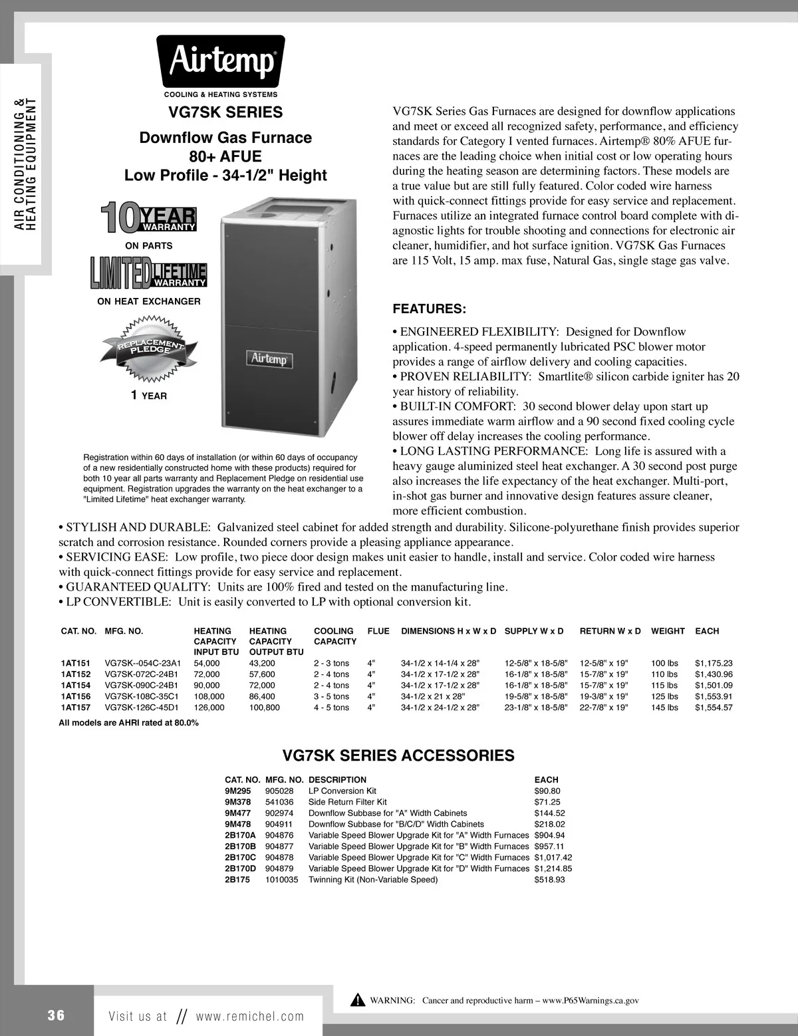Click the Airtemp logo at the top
click(x=221, y=62)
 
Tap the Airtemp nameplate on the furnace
click(x=269, y=359)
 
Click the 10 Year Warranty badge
click(x=148, y=219)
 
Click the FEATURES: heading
click(x=430, y=309)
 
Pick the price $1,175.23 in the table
click(x=713, y=664)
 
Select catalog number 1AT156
click(x=75, y=697)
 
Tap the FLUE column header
click(x=378, y=631)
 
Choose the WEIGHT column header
click(x=667, y=631)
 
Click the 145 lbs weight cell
click(x=664, y=708)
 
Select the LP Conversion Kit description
click(x=342, y=791)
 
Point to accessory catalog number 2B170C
click(x=240, y=858)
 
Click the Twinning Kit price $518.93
click(x=549, y=880)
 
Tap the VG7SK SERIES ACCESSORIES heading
click(x=398, y=756)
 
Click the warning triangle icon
click(x=358, y=1000)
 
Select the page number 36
click(x=57, y=1015)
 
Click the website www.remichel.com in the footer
click(x=249, y=1016)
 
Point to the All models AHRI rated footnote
click(x=128, y=723)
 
